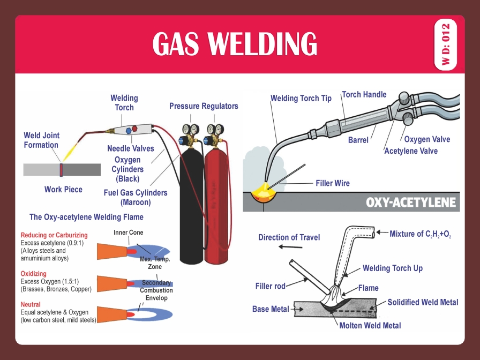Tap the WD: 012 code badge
pyautogui.click(x=446, y=45)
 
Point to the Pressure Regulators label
pyautogui.click(x=204, y=106)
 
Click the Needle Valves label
pyautogui.click(x=130, y=148)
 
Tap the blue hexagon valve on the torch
pyautogui.click(x=127, y=131)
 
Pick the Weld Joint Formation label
pyautogui.click(x=41, y=140)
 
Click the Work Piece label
pyautogui.click(x=63, y=189)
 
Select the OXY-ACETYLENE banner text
pyautogui.click(x=410, y=202)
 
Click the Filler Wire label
pyautogui.click(x=332, y=183)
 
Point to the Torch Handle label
pyautogui.click(x=364, y=95)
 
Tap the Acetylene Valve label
pyautogui.click(x=410, y=151)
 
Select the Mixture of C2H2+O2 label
pyautogui.click(x=420, y=234)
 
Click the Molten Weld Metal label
pyautogui.click(x=370, y=325)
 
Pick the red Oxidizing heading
pyautogui.click(x=33, y=274)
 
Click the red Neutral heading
pyautogui.click(x=31, y=304)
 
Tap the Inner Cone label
pyautogui.click(x=128, y=232)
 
